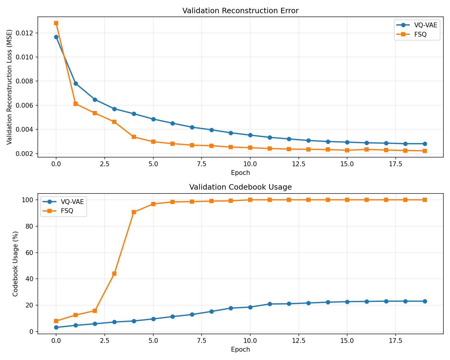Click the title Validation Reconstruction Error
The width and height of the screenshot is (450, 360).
click(x=240, y=11)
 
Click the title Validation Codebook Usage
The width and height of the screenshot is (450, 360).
click(x=240, y=187)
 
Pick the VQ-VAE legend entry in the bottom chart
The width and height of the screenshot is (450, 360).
click(x=72, y=202)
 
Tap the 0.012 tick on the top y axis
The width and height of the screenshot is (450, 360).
click(x=28, y=33)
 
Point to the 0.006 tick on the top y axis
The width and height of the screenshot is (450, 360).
click(x=28, y=105)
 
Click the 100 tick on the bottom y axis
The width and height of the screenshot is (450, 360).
click(x=30, y=200)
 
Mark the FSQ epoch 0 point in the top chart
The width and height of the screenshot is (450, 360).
click(x=56, y=23)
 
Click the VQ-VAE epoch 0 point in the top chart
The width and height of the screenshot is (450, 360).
click(x=56, y=37)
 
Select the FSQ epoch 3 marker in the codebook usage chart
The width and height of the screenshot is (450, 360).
click(x=114, y=274)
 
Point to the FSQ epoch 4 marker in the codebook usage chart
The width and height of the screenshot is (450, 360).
click(x=134, y=212)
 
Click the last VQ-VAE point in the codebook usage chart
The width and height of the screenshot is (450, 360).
click(x=425, y=301)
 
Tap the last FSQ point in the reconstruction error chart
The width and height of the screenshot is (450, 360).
click(x=425, y=151)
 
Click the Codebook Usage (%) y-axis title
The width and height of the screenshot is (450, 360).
click(x=15, y=264)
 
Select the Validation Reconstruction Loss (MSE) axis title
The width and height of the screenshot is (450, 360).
click(x=9, y=87)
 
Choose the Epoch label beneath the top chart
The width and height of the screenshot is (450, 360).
click(x=240, y=173)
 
